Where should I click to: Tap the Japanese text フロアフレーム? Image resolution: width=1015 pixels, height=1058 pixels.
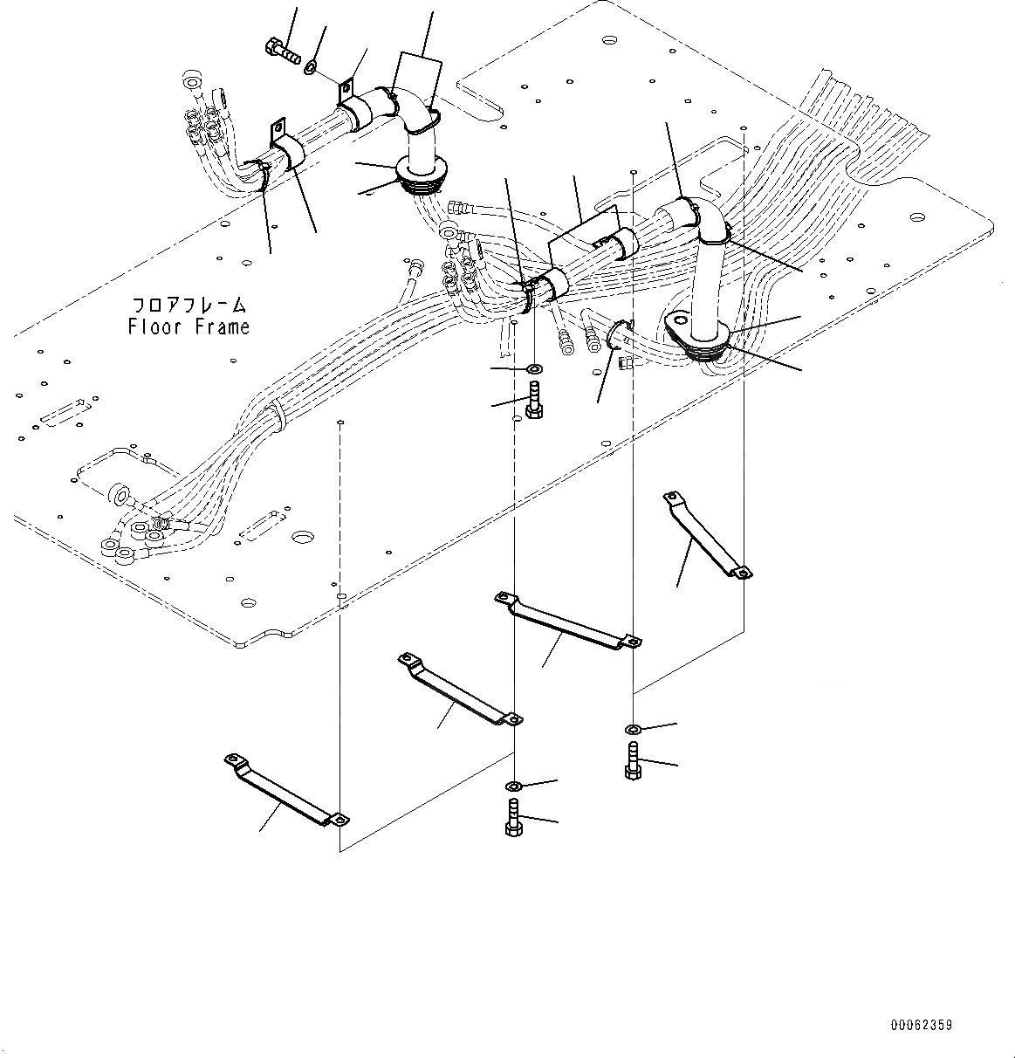(x=189, y=306)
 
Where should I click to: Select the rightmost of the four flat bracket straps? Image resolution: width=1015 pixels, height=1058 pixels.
(x=706, y=533)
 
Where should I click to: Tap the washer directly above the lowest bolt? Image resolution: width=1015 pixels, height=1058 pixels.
(x=514, y=785)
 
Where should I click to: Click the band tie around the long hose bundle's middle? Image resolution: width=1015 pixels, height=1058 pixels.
(x=278, y=411)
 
